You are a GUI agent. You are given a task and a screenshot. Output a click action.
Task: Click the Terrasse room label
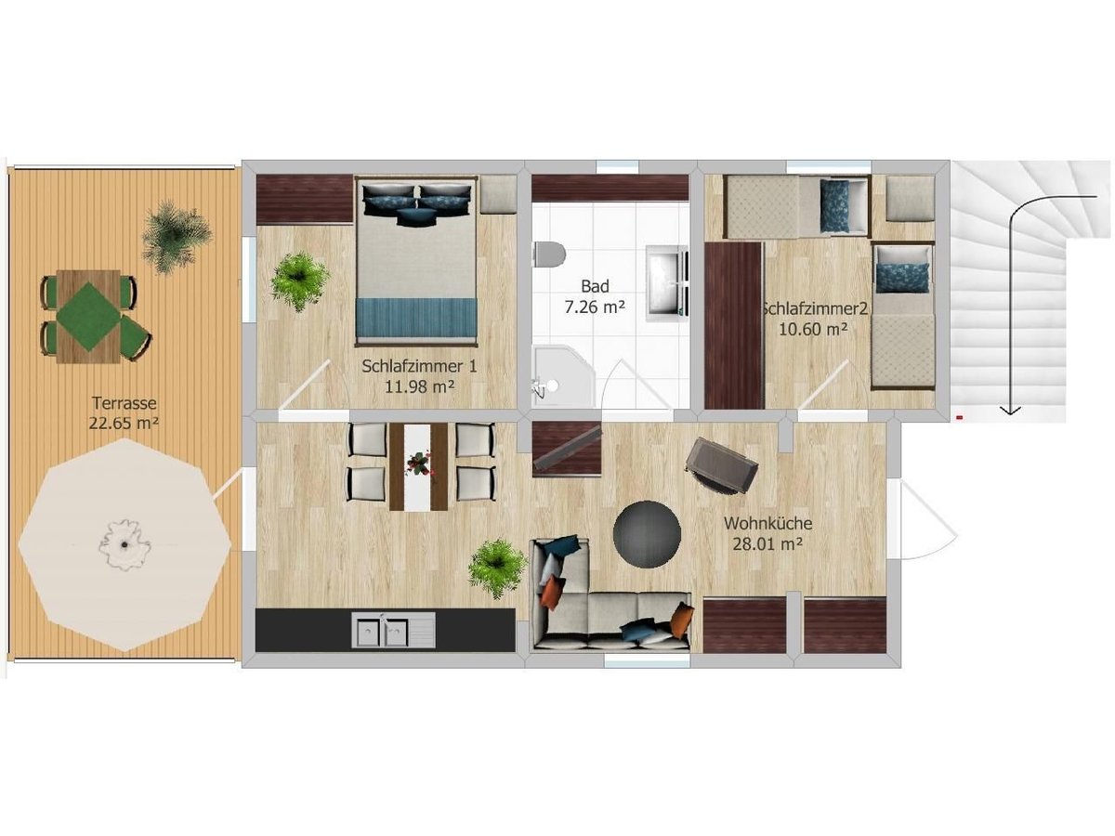coord(124,403)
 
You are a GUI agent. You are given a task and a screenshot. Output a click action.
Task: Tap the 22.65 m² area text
coord(124,423)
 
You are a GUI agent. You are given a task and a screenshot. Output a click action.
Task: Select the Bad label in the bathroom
coord(595,286)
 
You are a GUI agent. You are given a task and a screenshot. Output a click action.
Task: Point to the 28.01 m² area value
coord(767,544)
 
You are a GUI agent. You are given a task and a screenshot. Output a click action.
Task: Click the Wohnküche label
coord(768,523)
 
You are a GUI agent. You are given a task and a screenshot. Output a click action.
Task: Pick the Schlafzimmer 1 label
coord(420,366)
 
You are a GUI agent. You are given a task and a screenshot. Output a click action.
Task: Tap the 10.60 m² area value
coord(813,329)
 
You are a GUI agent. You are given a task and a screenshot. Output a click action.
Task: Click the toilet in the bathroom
coord(550,255)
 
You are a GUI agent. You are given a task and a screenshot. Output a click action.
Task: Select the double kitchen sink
coord(393,630)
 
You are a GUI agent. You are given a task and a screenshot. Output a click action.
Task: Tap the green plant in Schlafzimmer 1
coord(300,281)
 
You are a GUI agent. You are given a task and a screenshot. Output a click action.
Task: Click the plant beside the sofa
coord(497,568)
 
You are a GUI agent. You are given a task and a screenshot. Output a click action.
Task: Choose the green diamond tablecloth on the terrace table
coord(88,317)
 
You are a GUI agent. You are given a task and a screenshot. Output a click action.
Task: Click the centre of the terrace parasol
coord(125,544)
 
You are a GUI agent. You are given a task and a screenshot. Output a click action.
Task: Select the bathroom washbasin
coord(666,283)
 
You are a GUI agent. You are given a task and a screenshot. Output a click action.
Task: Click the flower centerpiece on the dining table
coord(419,464)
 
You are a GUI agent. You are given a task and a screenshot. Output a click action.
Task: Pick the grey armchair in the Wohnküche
coord(721,465)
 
